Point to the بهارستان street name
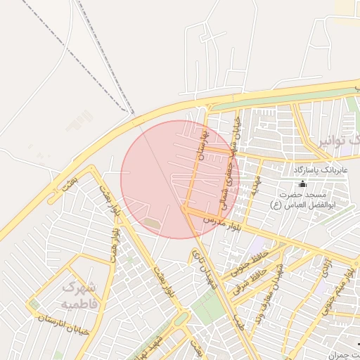tap(205, 143)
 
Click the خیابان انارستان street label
tap(63, 325)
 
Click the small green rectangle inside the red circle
tap(151, 224)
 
